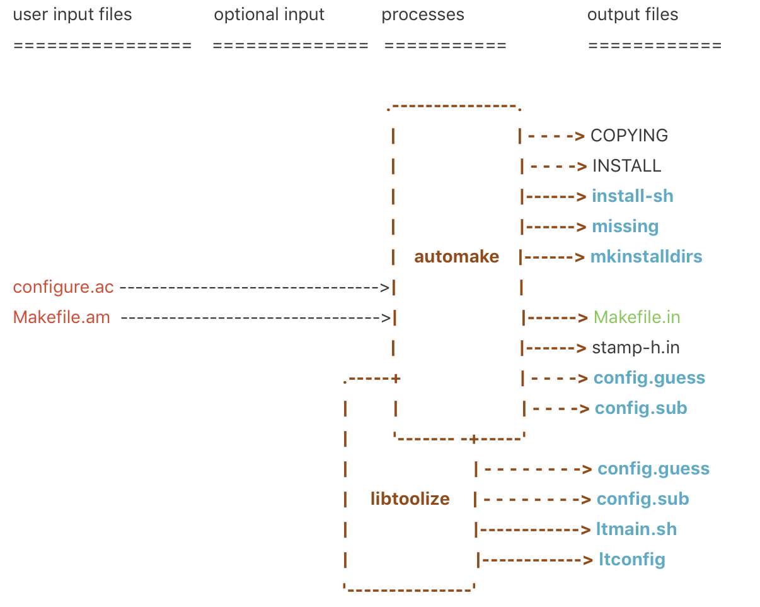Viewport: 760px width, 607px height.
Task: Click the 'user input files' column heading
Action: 72,15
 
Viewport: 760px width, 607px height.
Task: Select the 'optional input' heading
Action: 269,15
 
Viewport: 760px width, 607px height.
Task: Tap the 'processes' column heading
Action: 423,15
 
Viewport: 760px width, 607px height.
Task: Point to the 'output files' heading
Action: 633,15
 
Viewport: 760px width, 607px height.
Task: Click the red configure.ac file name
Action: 64,287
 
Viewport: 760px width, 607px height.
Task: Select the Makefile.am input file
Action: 62,317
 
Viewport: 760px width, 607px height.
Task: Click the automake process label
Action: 456,257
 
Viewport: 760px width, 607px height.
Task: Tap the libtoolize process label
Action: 410,499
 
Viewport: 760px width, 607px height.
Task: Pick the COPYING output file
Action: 629,136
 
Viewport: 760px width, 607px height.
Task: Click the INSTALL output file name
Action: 626,166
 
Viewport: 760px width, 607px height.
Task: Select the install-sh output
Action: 633,196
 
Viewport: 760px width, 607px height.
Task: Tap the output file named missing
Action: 625,227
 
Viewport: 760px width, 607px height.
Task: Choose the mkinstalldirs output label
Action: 646,257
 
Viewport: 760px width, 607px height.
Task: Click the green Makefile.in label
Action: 636,317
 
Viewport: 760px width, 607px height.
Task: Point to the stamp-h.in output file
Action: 636,348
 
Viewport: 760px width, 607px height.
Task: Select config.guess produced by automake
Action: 649,378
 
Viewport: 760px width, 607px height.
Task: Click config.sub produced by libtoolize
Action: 643,499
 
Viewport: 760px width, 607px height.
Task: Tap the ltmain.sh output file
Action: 636,529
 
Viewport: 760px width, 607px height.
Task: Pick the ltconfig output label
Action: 632,560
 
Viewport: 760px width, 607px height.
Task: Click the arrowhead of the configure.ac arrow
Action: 385,288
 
